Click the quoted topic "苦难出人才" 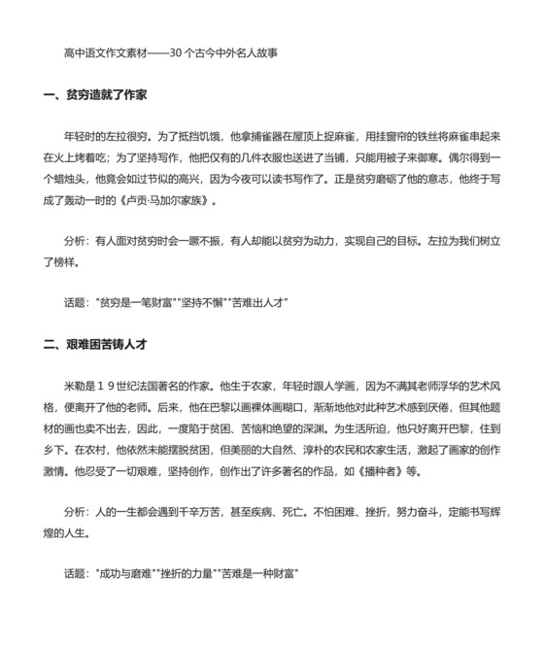256,302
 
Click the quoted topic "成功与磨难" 124,573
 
